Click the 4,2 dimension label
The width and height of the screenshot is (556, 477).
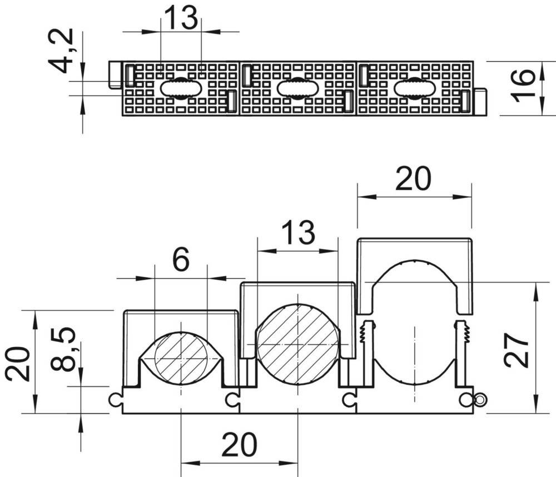pos(61,51)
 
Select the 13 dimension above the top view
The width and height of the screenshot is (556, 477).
pos(181,18)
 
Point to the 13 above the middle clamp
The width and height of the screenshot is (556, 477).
pos(298,232)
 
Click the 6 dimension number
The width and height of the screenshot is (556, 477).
pos(181,260)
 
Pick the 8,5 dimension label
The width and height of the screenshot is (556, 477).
pos(63,349)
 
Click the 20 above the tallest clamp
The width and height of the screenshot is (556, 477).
pos(414,178)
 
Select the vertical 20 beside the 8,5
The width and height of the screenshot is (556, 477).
pos(17,364)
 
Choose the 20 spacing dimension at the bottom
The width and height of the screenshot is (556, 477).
pos(239,444)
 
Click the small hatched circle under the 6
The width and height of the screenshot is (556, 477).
pos(181,359)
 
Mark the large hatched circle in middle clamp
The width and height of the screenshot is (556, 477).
pos(298,344)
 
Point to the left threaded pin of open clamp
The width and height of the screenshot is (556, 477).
pos(368,351)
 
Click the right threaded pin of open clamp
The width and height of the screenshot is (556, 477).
pos(463,351)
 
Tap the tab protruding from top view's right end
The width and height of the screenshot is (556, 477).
pos(480,102)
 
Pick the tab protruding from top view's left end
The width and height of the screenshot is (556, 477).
pos(115,74)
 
